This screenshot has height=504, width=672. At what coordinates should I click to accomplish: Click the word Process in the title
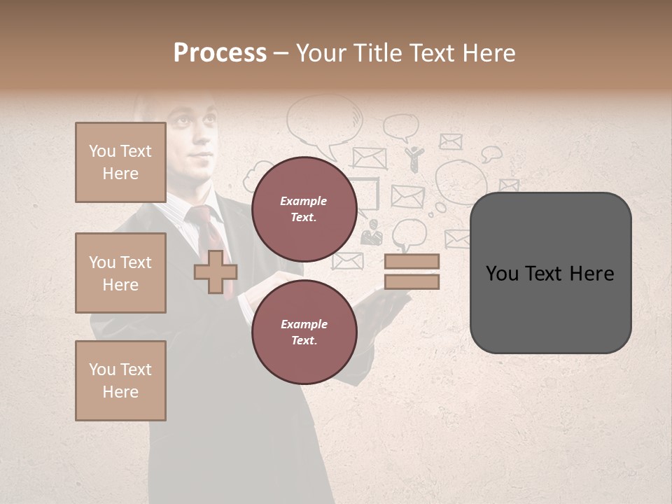[x=220, y=53]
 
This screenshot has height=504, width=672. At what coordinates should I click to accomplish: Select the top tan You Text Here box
[x=120, y=162]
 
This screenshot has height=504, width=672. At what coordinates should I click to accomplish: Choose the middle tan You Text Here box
[x=120, y=273]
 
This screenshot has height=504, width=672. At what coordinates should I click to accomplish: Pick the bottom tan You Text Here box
[x=120, y=381]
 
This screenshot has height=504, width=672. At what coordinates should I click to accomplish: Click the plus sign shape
[x=216, y=272]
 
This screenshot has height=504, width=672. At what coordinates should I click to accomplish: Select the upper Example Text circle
[x=304, y=209]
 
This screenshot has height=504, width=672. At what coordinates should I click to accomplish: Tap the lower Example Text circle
[x=304, y=332]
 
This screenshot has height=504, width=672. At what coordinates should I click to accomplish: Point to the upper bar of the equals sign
[x=412, y=262]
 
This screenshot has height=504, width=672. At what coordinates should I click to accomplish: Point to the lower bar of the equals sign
[x=412, y=282]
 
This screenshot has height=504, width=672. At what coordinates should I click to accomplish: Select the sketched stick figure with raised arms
[x=414, y=158]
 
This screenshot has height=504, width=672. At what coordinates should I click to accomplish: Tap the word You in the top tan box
[x=102, y=151]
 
